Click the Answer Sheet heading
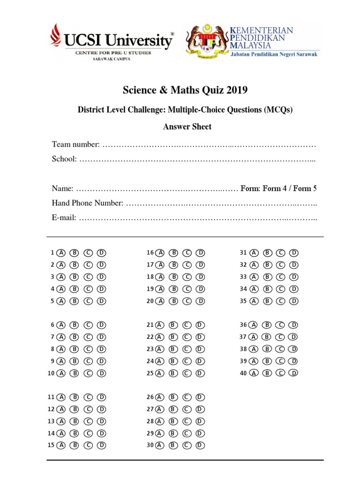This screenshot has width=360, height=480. (187, 127)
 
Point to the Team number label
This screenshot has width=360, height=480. (75, 144)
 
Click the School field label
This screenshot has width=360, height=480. (64, 159)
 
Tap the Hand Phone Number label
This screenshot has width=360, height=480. (87, 203)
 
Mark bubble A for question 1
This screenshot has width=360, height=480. (60, 253)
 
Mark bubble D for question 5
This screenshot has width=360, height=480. (102, 301)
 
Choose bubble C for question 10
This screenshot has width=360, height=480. (88, 374)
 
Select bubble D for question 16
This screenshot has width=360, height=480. (201, 253)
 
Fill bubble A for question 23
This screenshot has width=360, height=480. (159, 349)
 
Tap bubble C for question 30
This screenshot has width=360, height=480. (187, 445)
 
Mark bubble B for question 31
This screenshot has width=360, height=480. (268, 253)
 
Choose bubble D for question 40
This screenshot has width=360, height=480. (293, 374)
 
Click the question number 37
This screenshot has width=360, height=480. (243, 337)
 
